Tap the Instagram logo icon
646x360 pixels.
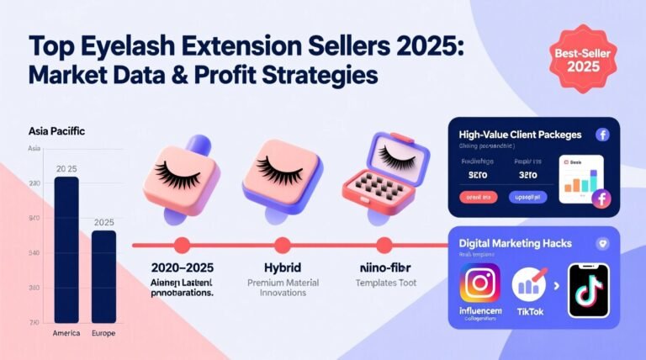point(479,283)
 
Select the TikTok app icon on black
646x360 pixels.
point(588,290)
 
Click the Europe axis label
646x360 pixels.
point(103,333)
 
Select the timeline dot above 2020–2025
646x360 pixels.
point(182,246)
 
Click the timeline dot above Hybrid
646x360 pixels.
point(283,246)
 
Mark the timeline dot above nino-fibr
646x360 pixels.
point(384,246)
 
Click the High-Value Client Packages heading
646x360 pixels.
point(521,135)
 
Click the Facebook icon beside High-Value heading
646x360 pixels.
point(601,135)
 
